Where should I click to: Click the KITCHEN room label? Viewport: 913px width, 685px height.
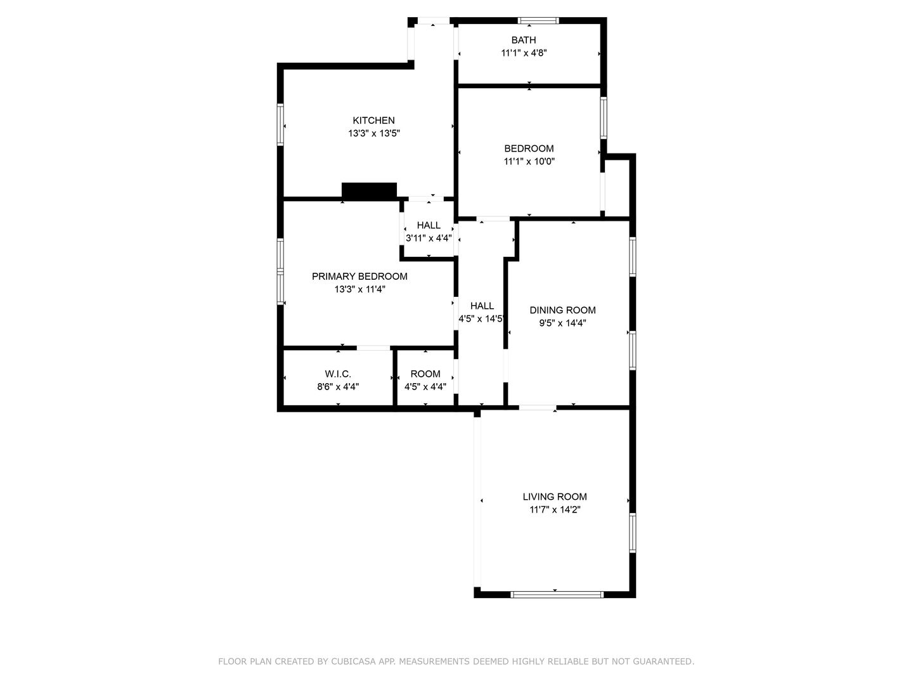373,121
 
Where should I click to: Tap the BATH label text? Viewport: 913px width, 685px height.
523,40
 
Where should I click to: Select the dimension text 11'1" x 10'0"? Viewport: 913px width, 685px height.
529,161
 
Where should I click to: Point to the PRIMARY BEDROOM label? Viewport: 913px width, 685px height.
359,276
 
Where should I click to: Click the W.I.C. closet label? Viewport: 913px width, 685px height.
338,374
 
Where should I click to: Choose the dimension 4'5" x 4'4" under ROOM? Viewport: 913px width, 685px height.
425,386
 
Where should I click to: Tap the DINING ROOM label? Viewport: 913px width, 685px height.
562,310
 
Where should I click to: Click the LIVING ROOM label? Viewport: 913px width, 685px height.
554,496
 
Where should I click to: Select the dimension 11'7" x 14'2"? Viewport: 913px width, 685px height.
555,509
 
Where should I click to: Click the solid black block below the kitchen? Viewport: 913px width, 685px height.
369,190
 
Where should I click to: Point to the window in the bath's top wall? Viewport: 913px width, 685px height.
538,20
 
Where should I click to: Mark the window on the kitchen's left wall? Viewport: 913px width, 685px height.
280,124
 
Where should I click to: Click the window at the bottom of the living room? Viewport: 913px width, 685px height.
557,594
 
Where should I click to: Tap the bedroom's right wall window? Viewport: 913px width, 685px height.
604,118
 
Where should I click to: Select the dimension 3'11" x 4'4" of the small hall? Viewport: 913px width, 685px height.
429,238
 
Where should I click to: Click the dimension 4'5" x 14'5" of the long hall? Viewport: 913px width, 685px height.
482,319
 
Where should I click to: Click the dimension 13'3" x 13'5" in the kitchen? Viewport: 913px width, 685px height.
374,133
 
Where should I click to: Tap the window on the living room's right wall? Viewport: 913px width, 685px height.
633,533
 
